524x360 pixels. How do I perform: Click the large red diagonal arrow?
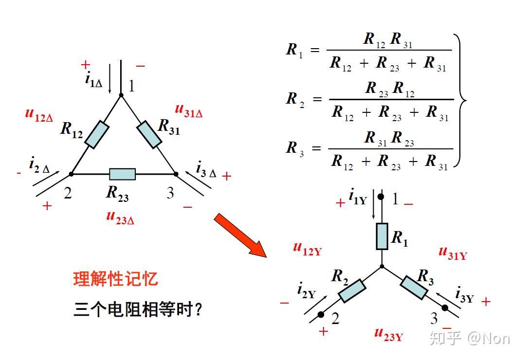pos(240,234)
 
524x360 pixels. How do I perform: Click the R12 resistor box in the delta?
pos(97,135)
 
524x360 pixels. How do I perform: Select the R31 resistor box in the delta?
pos(149,135)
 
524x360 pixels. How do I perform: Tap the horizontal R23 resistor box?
pos(122,174)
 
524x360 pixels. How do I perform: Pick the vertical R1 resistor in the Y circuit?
pos(382,236)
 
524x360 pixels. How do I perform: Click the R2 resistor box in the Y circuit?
pos(352,290)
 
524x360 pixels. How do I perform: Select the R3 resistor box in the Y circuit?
pos(414,287)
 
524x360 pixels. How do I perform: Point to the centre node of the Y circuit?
pos(382,266)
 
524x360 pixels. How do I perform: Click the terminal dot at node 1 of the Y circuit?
pos(381,197)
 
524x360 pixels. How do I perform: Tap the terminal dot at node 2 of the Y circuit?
pos(321,315)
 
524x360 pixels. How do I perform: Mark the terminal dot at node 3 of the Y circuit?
pos(445,307)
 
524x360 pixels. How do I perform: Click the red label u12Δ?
pos(39,115)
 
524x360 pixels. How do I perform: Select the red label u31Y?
pos(452,252)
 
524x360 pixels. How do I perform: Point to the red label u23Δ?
pos(120,217)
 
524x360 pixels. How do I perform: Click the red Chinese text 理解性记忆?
pos(116,279)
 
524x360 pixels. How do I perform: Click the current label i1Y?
pos(357,197)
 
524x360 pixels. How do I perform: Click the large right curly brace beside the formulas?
pos(459,100)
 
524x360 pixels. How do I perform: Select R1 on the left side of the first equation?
pos(294,50)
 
